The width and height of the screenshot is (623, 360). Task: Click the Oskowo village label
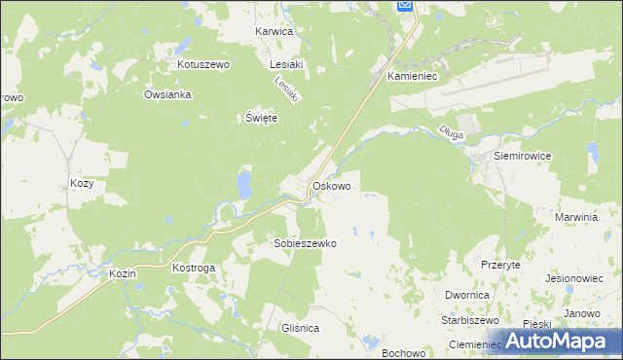pyautogui.click(x=331, y=185)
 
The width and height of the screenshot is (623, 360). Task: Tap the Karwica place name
pyautogui.click(x=274, y=31)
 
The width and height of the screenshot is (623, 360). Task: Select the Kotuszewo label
pyautogui.click(x=202, y=64)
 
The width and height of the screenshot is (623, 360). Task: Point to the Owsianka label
pyautogui.click(x=167, y=95)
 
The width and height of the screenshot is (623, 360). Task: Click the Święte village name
pyautogui.click(x=261, y=118)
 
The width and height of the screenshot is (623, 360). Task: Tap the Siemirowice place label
pyautogui.click(x=523, y=156)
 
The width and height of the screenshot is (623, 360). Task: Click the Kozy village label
pyautogui.click(x=82, y=183)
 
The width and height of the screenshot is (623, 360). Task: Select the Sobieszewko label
pyautogui.click(x=305, y=244)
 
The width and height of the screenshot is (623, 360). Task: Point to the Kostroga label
pyautogui.click(x=193, y=267)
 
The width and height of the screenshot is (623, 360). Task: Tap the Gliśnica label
pyautogui.click(x=298, y=329)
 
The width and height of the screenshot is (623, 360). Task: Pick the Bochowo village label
pyautogui.click(x=402, y=351)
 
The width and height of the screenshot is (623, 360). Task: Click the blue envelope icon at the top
pyautogui.click(x=406, y=6)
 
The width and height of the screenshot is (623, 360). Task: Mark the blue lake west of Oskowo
pyautogui.click(x=243, y=183)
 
